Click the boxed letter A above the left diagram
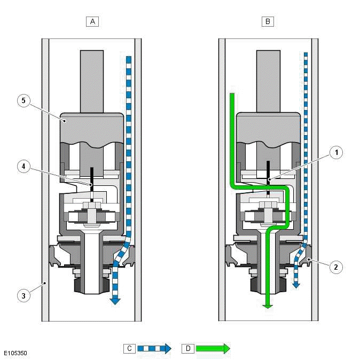point(92,21)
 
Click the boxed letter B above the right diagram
point(267,21)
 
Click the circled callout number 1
point(336,153)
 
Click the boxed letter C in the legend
point(129,348)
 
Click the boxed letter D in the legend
point(188,348)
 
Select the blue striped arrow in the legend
point(155,349)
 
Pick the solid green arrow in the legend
point(213,349)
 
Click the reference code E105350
point(15,354)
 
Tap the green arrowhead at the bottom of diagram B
point(268,305)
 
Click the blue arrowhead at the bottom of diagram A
point(114,301)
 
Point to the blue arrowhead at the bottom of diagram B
point(296,285)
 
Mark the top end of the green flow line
point(233,95)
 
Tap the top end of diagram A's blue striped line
point(128,57)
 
